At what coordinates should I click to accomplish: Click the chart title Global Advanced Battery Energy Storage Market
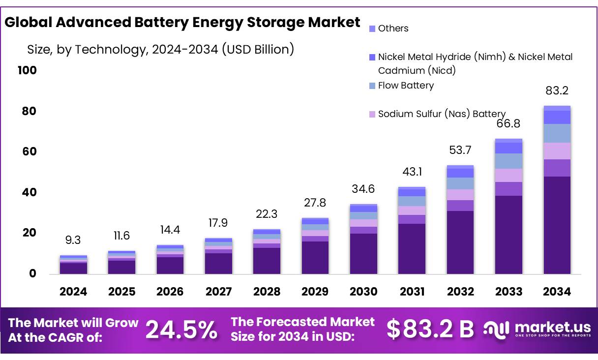tap(182, 23)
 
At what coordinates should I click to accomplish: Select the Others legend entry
tap(393, 29)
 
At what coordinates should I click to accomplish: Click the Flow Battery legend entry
tap(406, 86)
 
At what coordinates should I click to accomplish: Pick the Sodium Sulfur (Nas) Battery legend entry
tap(442, 114)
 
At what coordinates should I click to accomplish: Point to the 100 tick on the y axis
tap(27, 70)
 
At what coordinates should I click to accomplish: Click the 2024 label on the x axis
tap(73, 292)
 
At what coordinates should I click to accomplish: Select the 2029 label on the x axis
tap(315, 292)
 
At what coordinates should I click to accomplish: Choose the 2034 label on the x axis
tap(557, 292)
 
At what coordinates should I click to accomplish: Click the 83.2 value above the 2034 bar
tap(557, 91)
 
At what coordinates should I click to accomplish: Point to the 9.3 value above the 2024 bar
tap(73, 240)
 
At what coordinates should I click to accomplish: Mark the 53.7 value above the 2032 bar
tap(460, 150)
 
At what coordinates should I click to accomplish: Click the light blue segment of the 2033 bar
tap(508, 161)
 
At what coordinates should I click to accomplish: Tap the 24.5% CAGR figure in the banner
tap(181, 330)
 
